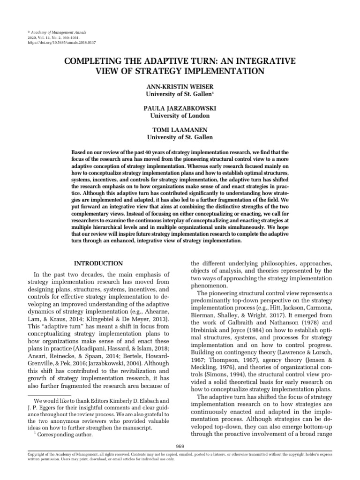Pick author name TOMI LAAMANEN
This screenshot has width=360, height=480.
click(180, 129)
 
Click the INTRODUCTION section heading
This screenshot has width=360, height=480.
click(99, 263)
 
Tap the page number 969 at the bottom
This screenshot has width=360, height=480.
click(180, 445)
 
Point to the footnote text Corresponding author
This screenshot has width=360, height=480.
click(65, 434)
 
